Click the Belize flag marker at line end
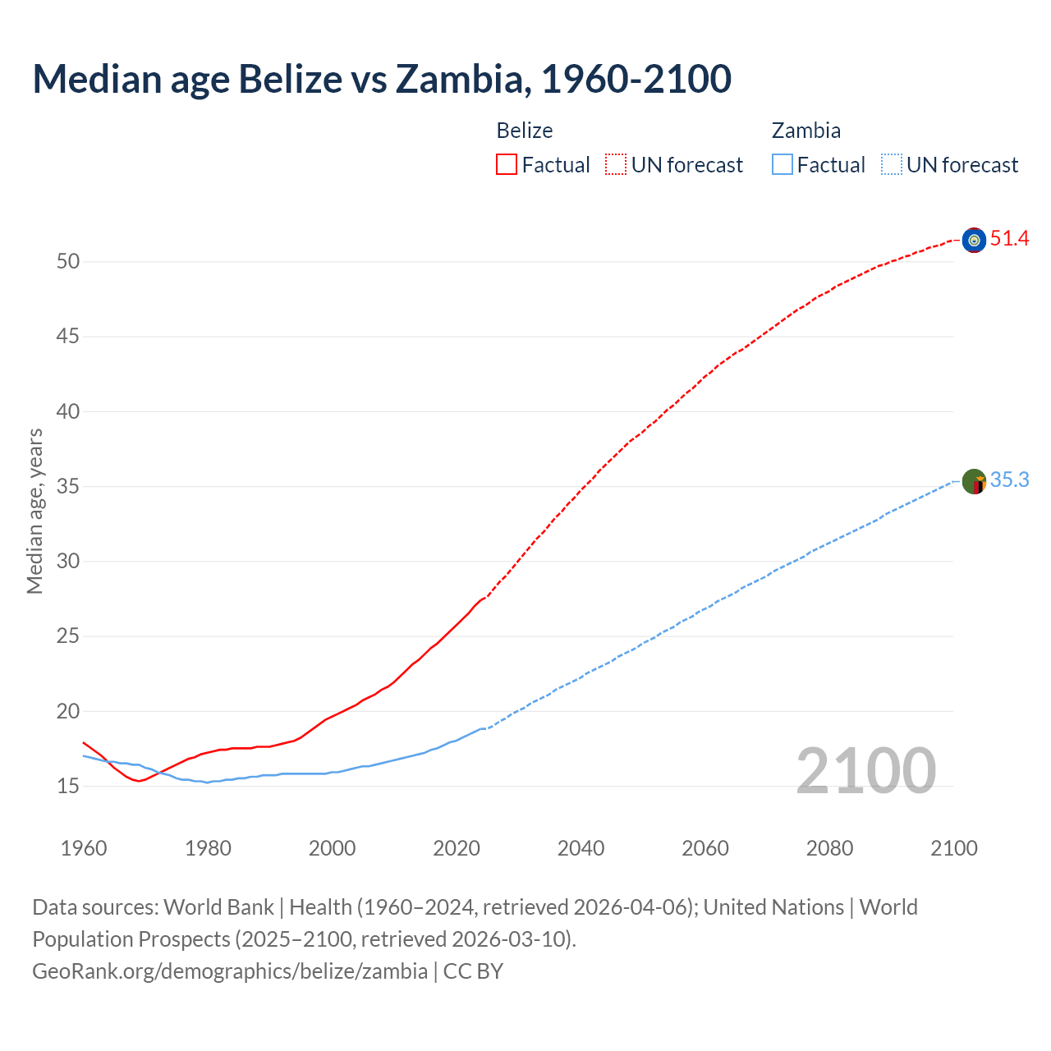974,240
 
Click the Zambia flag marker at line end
974,481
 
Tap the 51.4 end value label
1009,239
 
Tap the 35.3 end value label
1009,480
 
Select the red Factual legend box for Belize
507,165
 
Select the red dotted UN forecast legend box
616,165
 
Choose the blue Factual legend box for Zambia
782,165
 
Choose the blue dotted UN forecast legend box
891,165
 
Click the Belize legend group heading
525,131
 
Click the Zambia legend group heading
805,131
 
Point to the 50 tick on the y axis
68,262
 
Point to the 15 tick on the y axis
68,787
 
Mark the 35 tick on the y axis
68,487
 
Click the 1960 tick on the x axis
84,848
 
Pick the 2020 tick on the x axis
457,848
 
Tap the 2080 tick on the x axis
829,848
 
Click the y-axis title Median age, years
34,511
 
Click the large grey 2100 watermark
865,771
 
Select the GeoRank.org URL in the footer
230,971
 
